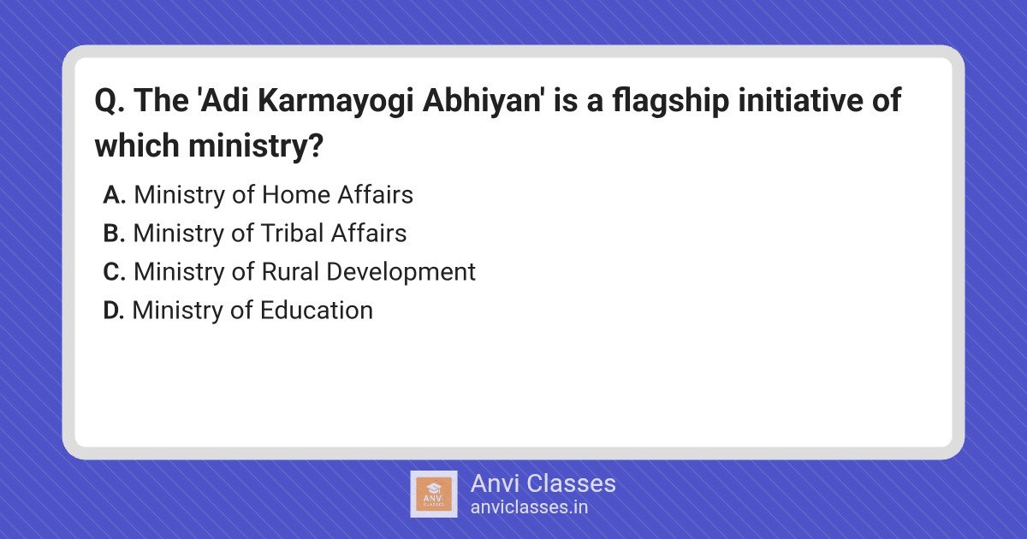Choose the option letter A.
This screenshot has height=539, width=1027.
114,195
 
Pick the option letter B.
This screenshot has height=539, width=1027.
114,234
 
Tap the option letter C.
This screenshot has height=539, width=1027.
114,272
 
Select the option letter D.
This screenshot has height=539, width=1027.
114,311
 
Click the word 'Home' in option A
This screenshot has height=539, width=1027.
296,195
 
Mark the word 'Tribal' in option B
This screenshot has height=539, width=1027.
292,233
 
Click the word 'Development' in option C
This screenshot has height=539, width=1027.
401,272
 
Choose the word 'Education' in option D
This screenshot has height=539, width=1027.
317,310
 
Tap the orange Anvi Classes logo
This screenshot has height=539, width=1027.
433,494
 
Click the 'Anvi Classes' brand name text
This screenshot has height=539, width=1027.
543,483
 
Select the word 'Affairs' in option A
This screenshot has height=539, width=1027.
376,194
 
